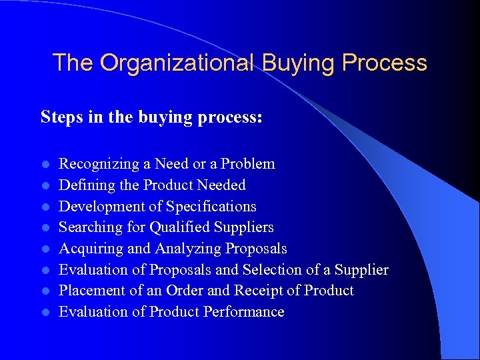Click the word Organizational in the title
[x=178, y=63]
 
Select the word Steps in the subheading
[x=58, y=117]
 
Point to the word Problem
[x=248, y=164]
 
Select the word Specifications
[x=211, y=206]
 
